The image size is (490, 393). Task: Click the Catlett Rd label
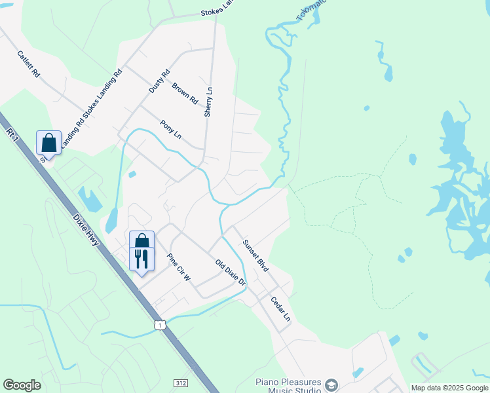29,65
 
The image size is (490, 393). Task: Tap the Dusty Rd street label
159,81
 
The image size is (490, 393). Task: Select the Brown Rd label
185,94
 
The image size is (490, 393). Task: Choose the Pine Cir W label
178,267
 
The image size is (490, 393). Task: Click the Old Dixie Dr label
231,272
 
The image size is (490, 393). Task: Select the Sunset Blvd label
255,255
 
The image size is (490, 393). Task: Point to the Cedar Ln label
281,309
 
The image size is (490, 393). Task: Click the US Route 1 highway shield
159,325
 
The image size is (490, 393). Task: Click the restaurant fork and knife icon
141,258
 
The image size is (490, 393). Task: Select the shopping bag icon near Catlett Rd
49,141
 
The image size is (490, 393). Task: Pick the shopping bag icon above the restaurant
141,240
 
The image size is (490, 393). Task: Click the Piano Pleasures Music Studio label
288,386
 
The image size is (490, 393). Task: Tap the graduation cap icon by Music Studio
331,385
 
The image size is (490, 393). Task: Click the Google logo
22,385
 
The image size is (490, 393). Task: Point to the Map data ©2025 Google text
449,388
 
